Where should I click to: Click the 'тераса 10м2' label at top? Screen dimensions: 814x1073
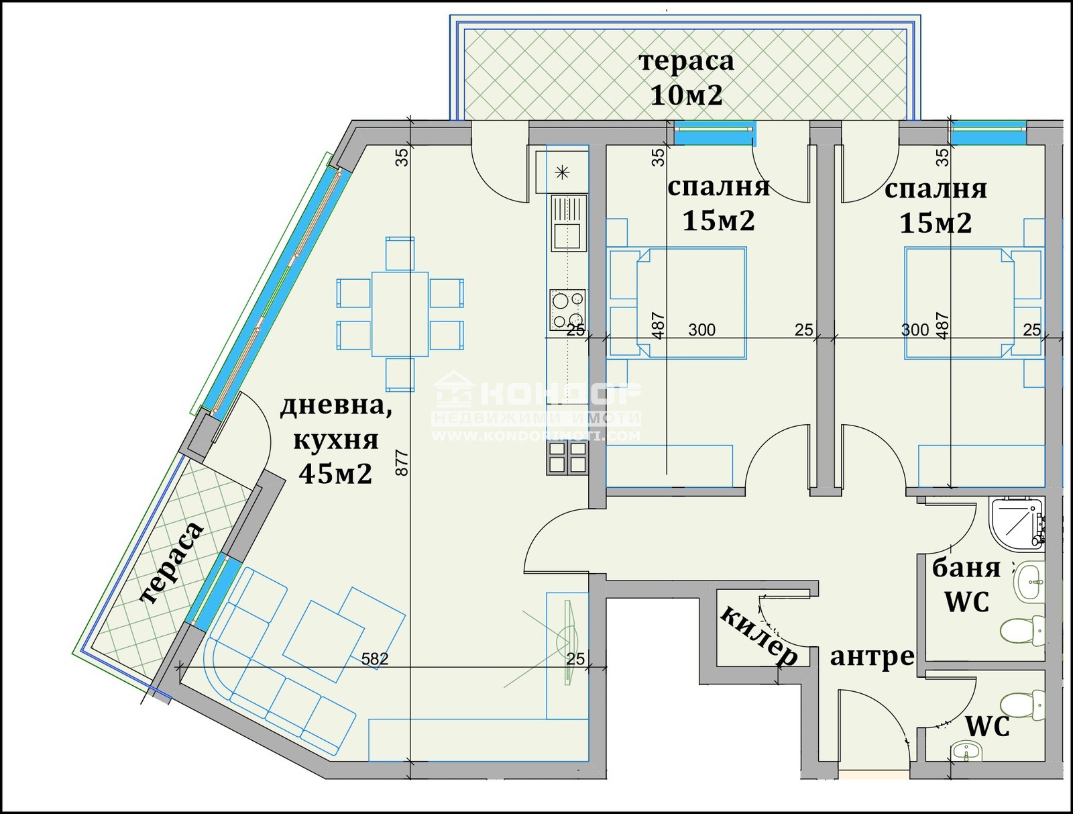[686, 78]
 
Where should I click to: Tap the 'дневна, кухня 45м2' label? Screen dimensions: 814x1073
[335, 440]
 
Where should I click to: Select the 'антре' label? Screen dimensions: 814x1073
[872, 656]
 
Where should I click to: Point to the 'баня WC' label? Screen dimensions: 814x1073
[966, 585]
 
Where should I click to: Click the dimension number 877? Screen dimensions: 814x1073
[402, 462]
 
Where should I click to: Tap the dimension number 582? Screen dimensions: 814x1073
[374, 659]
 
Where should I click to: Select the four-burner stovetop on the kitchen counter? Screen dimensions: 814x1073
[567, 309]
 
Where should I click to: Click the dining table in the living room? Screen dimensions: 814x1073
[400, 313]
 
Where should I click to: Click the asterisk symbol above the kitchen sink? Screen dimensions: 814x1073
[562, 172]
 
